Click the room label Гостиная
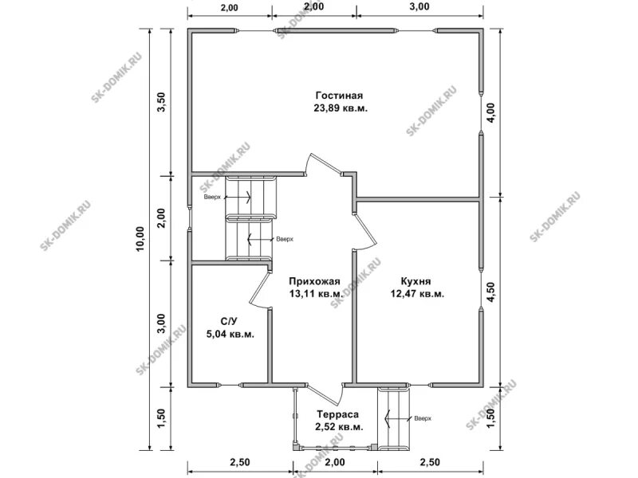[x=340, y=96]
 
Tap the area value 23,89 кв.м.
[x=341, y=108]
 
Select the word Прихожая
[x=314, y=281]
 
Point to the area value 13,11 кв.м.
[x=316, y=293]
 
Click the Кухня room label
[x=415, y=281]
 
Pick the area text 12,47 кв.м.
[x=417, y=293]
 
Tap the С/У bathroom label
[x=229, y=322]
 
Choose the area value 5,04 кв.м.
[x=230, y=334]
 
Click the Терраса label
[x=338, y=414]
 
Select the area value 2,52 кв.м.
[x=339, y=427]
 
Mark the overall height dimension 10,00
[x=140, y=238]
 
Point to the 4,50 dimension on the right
[x=491, y=292]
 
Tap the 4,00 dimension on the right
[x=491, y=112]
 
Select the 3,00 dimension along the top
[x=419, y=6]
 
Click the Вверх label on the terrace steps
[x=423, y=418]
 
